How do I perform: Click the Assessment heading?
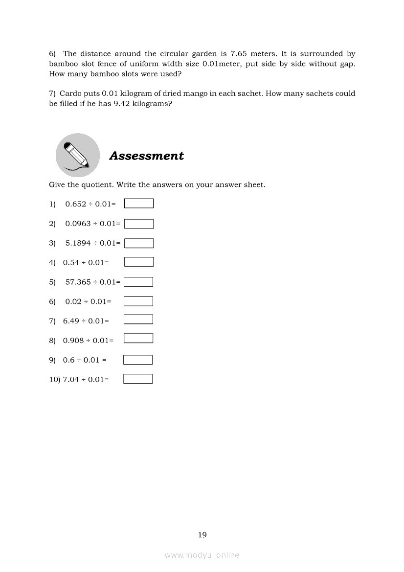(146, 156)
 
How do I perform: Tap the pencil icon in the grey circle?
(77, 155)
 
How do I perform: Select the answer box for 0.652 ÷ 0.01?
(139, 204)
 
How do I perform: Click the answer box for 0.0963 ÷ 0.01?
(139, 224)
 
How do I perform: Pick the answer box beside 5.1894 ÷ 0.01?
(139, 243)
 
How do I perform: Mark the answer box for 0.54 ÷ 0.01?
(139, 262)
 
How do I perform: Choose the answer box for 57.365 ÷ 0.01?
(138, 282)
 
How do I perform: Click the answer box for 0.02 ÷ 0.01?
(138, 301)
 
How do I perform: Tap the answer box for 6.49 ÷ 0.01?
(138, 320)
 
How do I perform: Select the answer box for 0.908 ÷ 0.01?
(138, 339)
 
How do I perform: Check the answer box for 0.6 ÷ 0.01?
(138, 360)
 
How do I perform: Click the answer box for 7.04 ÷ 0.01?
(138, 379)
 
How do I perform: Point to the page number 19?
(202, 535)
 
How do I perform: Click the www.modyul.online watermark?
(202, 555)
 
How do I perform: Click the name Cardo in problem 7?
(70, 93)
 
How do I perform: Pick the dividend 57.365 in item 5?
(78, 282)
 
